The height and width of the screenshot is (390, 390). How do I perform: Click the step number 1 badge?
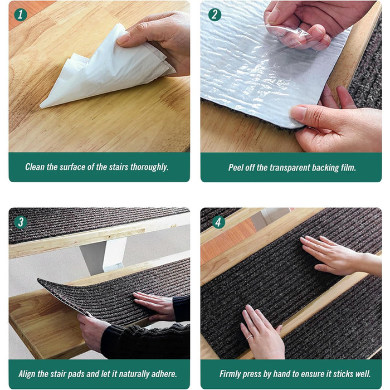pos(21,15)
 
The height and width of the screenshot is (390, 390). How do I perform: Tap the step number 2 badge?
pos(214,15)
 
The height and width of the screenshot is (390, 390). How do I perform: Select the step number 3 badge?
pos(21,222)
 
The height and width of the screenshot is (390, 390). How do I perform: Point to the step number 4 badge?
pos(218,222)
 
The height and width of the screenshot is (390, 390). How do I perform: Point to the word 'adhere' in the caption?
pos(163,374)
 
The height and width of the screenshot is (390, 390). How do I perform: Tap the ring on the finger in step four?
pos(250,337)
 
